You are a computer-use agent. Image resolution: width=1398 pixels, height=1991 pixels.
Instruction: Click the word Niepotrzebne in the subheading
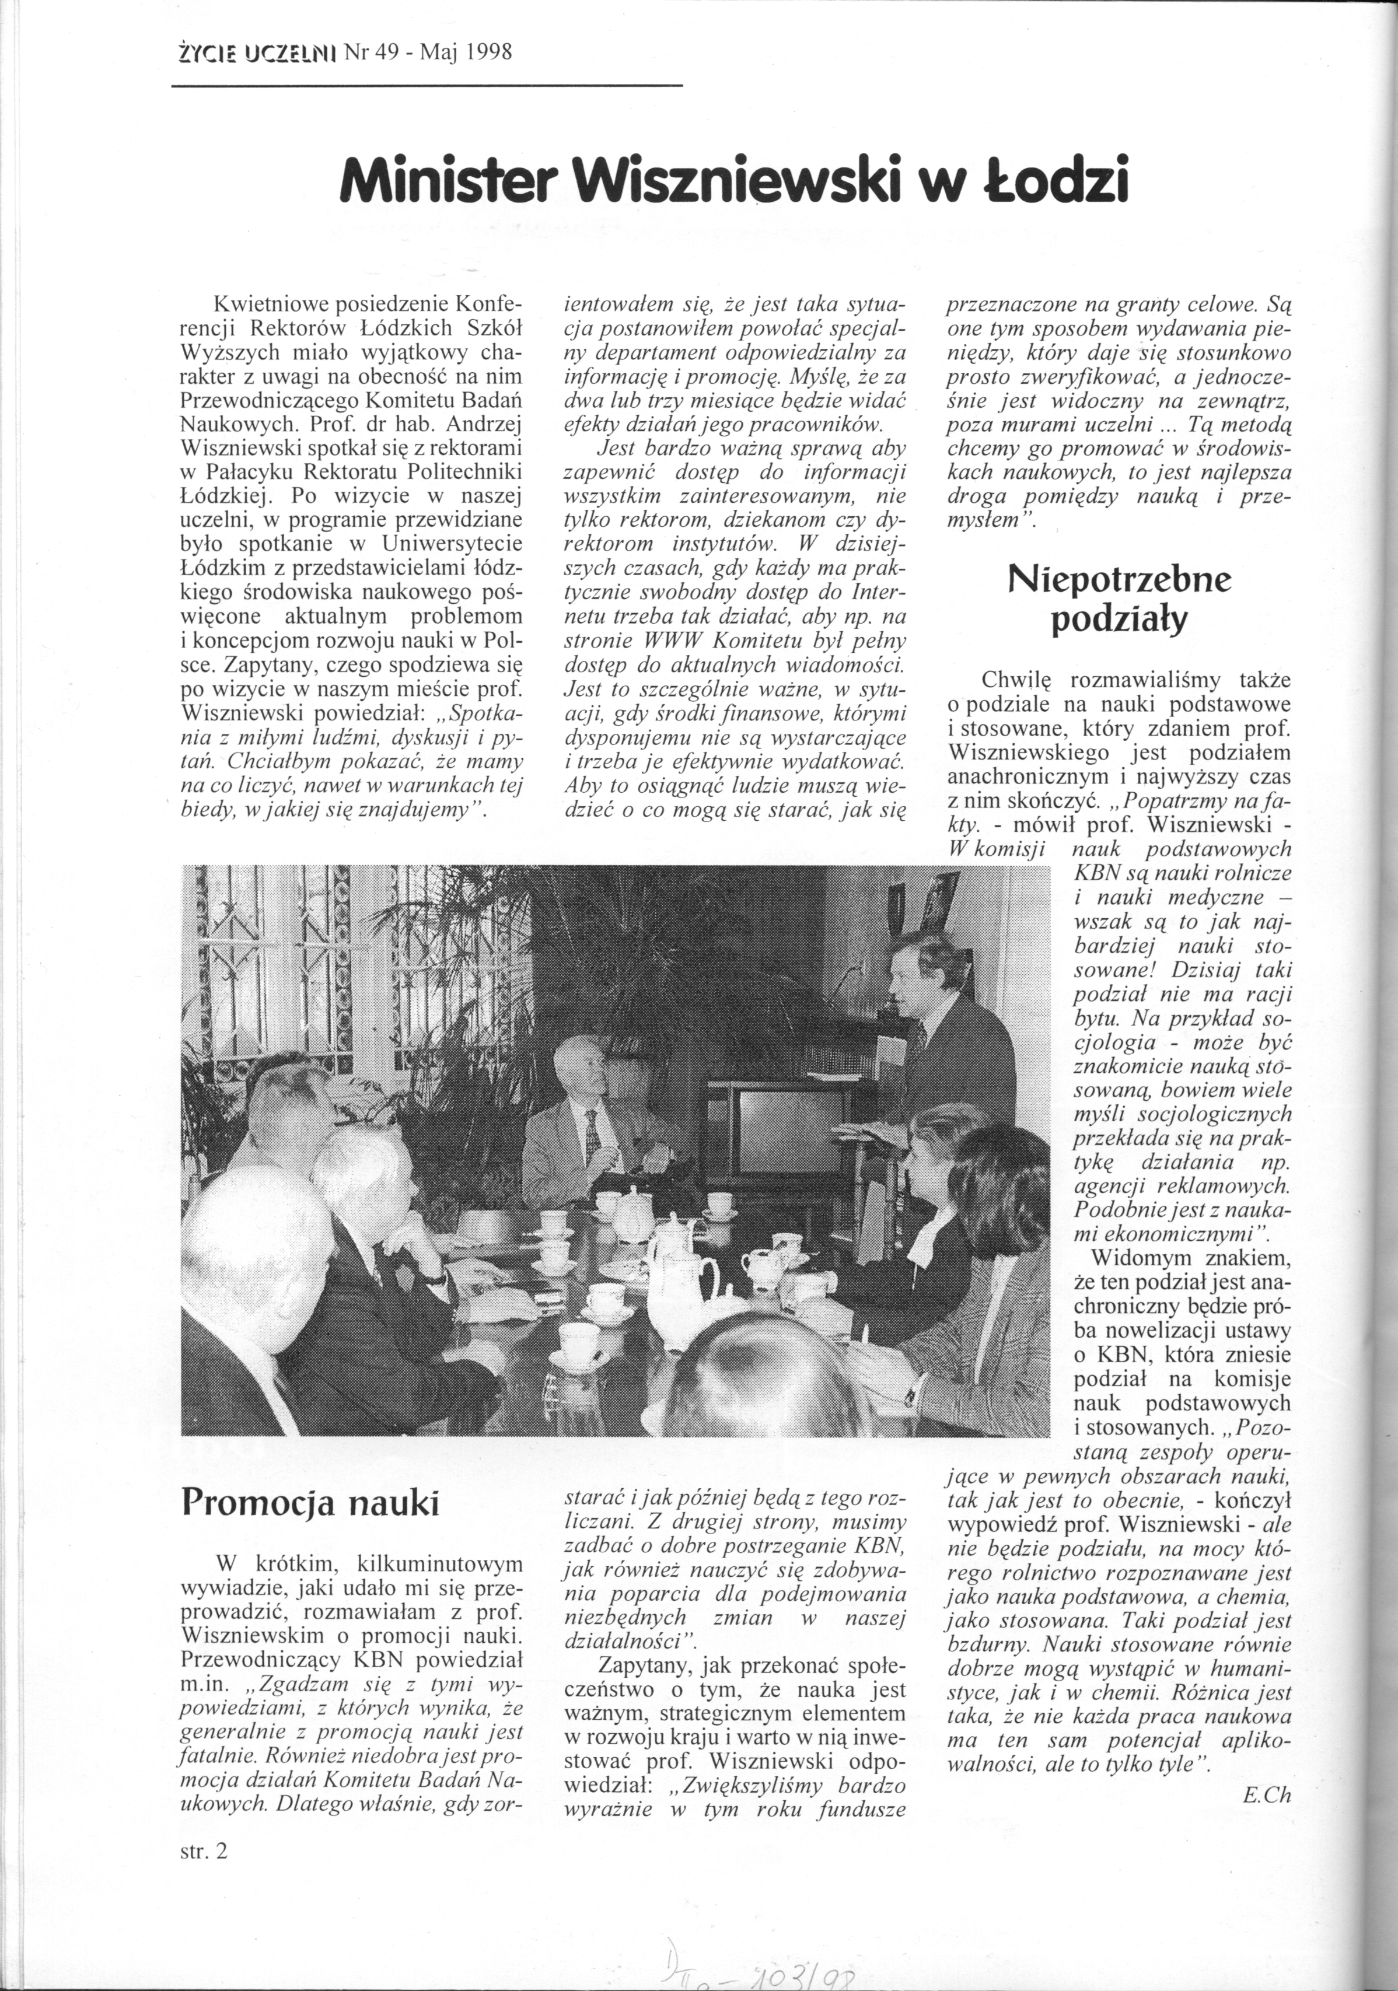tap(1119, 579)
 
